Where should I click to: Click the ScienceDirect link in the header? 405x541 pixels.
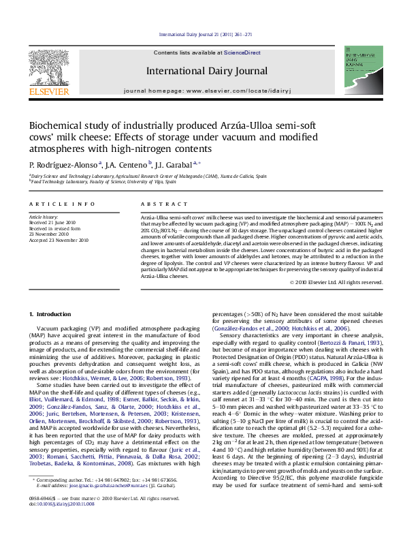[242, 52]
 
